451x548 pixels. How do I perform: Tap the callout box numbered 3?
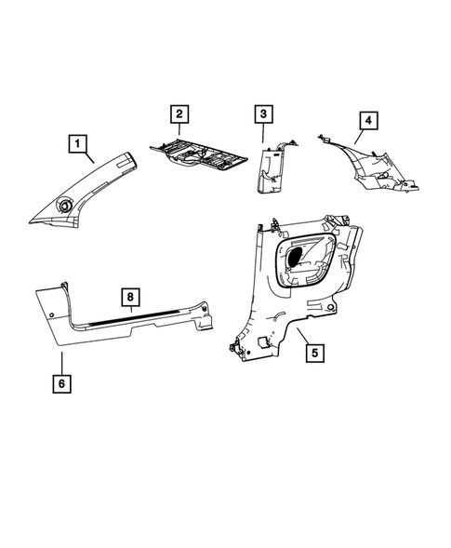264,115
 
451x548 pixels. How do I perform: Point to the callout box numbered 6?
61,381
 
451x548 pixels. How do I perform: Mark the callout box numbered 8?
131,297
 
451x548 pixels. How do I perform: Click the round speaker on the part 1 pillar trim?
66,206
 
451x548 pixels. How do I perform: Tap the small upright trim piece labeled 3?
272,167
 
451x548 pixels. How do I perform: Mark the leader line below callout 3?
264,135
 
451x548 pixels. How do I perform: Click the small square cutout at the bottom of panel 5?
263,342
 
